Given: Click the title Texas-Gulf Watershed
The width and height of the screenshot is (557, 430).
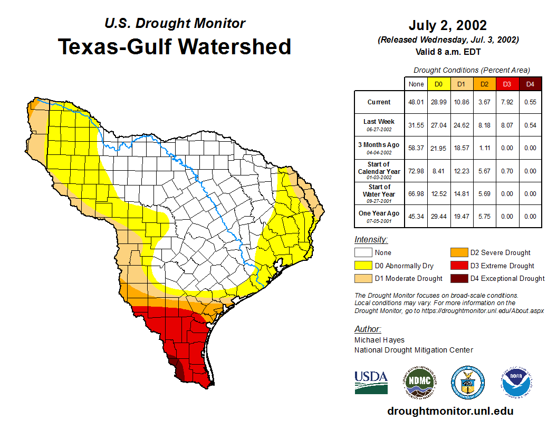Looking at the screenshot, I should click(174, 46).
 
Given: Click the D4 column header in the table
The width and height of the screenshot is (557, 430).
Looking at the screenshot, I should click(530, 84).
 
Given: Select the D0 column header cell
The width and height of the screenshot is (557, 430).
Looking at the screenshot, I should click(438, 84).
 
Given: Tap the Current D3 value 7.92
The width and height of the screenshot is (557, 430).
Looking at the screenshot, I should click(507, 102).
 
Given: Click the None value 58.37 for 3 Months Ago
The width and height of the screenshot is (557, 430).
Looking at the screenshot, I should click(416, 148).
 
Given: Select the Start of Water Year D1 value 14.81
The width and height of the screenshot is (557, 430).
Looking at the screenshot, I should click(461, 193).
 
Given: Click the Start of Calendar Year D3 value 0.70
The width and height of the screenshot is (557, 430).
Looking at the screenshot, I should click(507, 171).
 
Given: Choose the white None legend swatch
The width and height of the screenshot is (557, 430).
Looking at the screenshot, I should click(363, 252).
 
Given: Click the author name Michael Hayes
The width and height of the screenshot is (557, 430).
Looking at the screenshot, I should click(379, 340).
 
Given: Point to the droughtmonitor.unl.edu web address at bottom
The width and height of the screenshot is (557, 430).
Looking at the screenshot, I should click(450, 411).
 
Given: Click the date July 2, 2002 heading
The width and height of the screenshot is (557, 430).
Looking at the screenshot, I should click(447, 25).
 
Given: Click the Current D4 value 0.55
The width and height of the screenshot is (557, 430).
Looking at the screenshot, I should click(530, 102).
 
